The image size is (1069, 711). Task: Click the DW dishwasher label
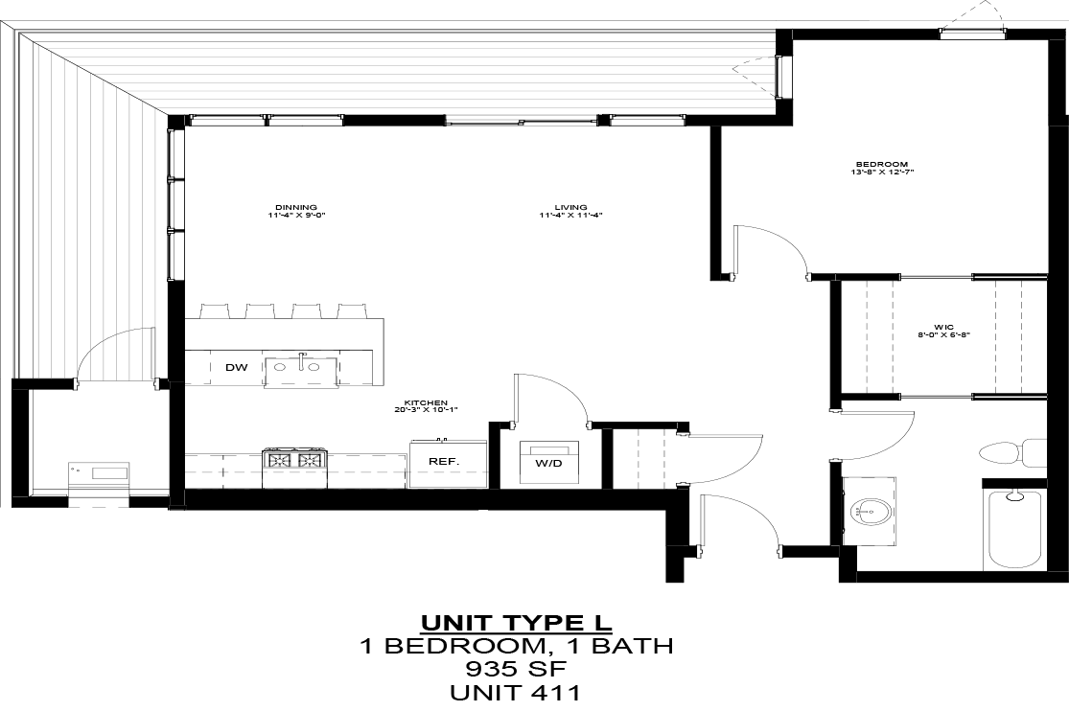tap(236, 368)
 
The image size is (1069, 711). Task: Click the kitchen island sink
tap(301, 368)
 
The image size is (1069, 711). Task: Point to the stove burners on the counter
tap(294, 460)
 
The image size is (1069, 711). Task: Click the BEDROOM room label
tap(882, 168)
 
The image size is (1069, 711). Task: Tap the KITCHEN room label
tap(427, 406)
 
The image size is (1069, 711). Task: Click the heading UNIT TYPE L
tap(516, 622)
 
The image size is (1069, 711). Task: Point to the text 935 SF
tap(516, 669)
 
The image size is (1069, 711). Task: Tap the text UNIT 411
tap(516, 692)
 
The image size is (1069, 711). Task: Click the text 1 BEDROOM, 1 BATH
tap(516, 646)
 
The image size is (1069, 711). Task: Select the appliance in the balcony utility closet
tap(99, 472)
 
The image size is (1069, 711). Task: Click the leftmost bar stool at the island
tap(215, 310)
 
